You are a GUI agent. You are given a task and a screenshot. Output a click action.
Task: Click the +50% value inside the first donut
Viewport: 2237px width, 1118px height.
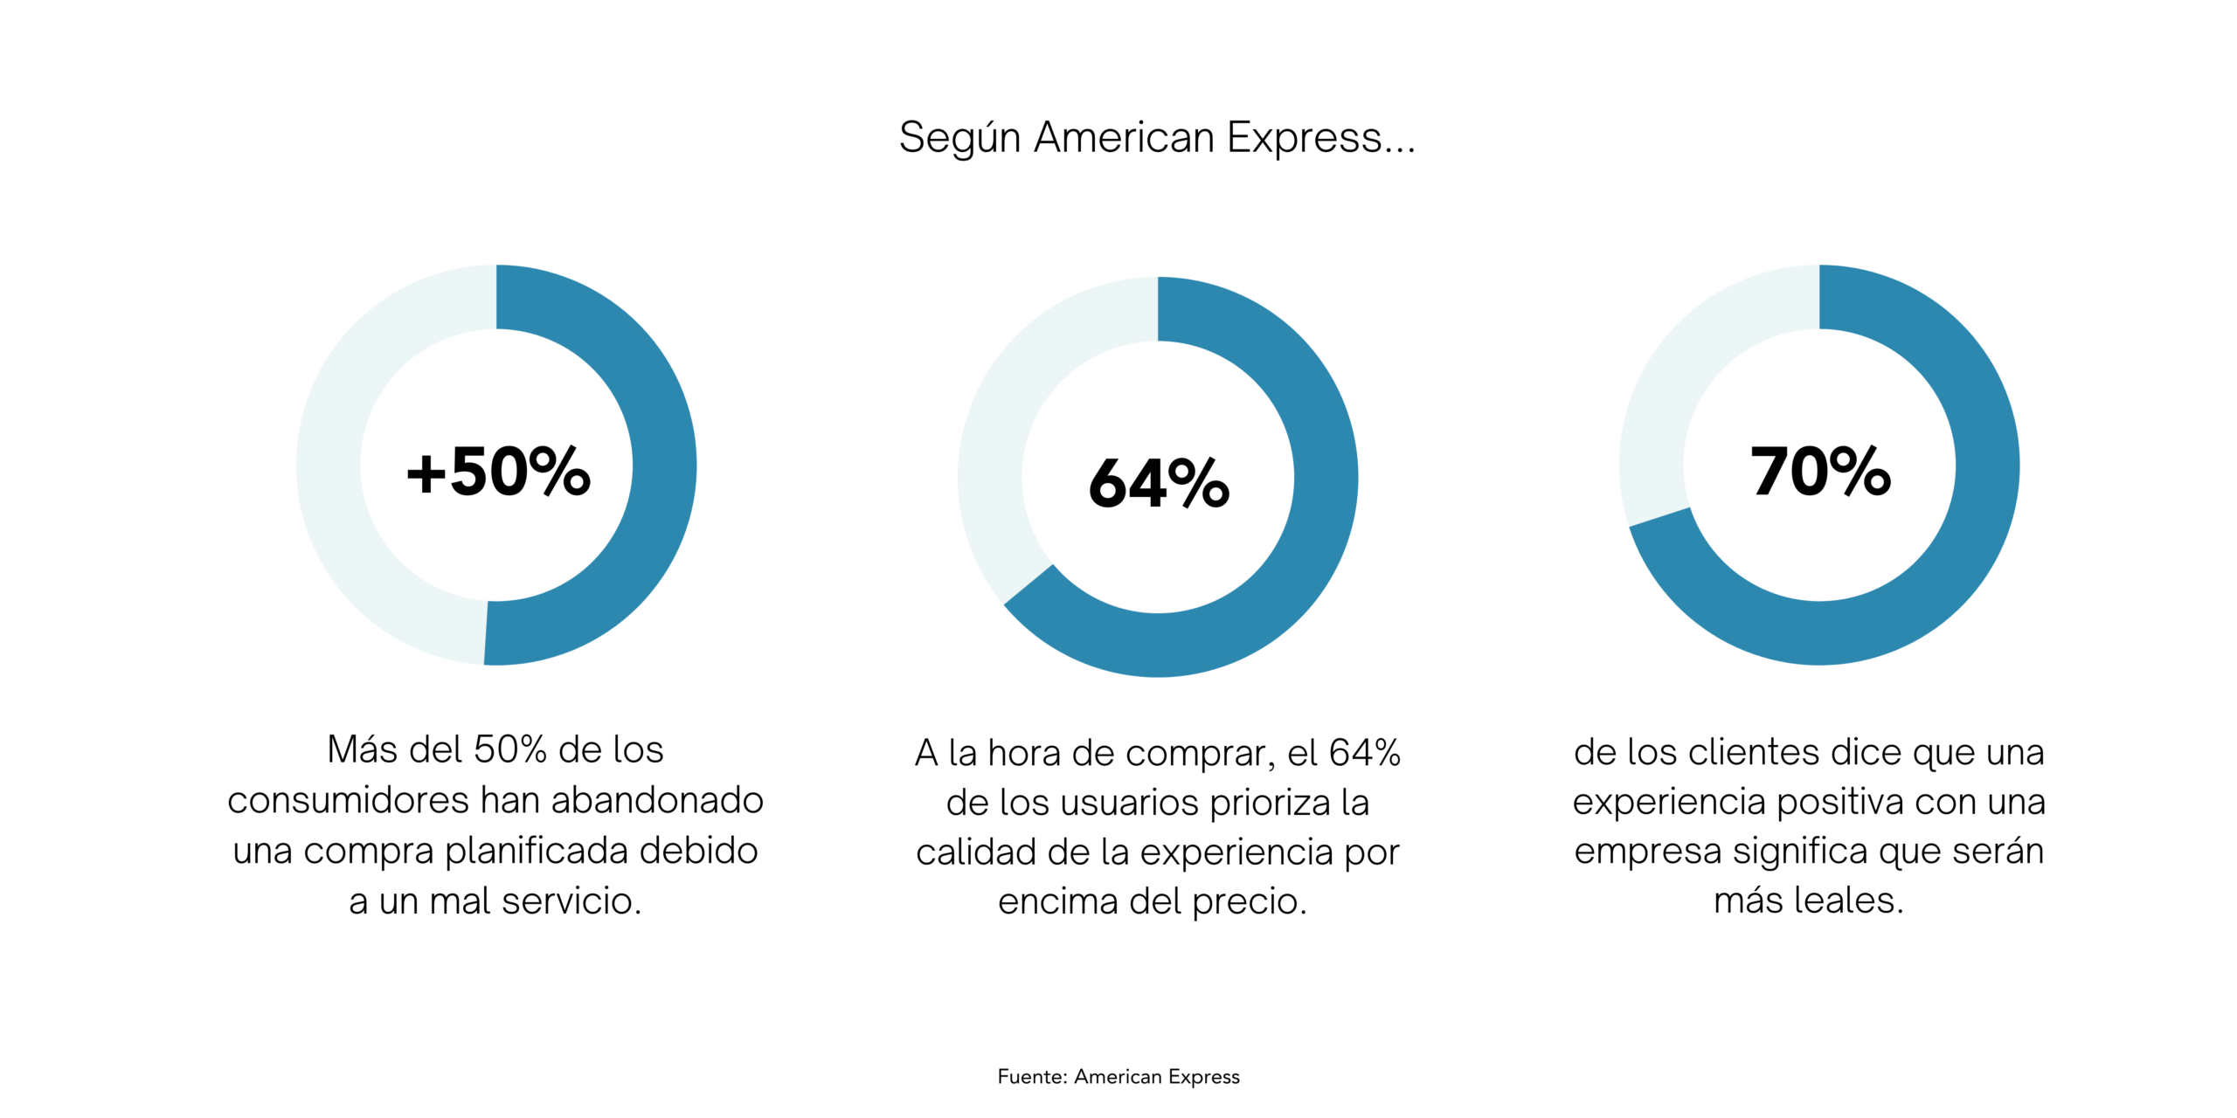(x=498, y=472)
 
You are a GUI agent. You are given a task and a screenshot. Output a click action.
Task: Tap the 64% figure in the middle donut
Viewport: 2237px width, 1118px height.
(x=1159, y=483)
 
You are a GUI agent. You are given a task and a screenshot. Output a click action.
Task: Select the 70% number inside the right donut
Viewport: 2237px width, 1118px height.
(x=1820, y=472)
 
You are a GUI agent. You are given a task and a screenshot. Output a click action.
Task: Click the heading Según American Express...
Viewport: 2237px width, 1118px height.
(x=1156, y=138)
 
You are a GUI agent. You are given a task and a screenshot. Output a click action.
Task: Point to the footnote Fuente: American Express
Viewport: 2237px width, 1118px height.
(x=1118, y=1077)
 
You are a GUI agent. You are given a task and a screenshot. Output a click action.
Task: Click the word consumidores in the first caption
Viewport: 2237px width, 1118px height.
(x=348, y=801)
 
